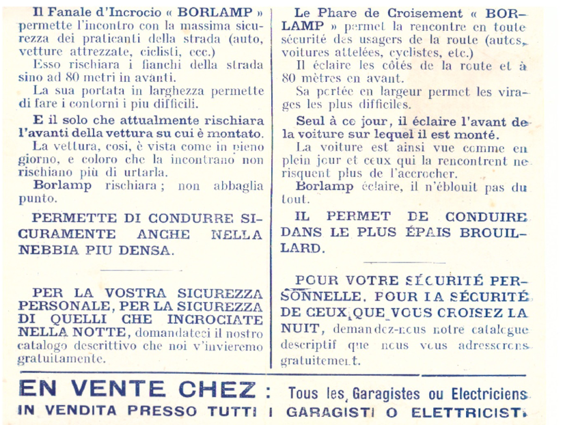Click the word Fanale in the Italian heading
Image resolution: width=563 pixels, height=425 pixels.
(x=68, y=13)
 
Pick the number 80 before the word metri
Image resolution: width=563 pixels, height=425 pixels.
(x=66, y=77)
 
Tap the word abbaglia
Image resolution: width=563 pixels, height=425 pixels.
(x=234, y=185)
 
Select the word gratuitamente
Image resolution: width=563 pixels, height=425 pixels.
(x=62, y=359)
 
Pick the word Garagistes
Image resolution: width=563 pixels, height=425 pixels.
(x=386, y=394)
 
